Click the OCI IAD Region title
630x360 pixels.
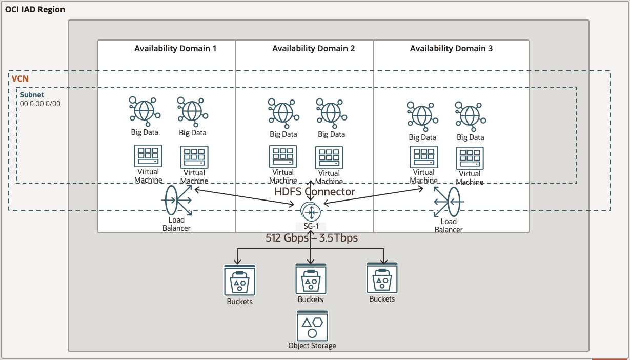[35, 10]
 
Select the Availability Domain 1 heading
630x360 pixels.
[175, 49]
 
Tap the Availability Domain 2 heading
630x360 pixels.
[313, 49]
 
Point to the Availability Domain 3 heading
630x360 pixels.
[451, 49]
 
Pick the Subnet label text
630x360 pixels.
[32, 95]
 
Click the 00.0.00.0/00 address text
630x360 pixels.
[40, 104]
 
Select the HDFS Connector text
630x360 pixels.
[314, 192]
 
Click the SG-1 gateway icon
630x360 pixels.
[311, 211]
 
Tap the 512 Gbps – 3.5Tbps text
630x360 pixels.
[311, 238]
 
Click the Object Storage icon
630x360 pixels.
[312, 326]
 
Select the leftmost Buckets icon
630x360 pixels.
[239, 281]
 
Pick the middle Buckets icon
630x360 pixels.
[311, 279]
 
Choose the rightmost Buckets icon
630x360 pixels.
[382, 277]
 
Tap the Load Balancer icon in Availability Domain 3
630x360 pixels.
[448, 202]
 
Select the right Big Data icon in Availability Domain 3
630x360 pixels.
[470, 115]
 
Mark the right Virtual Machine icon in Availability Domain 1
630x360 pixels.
[194, 157]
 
